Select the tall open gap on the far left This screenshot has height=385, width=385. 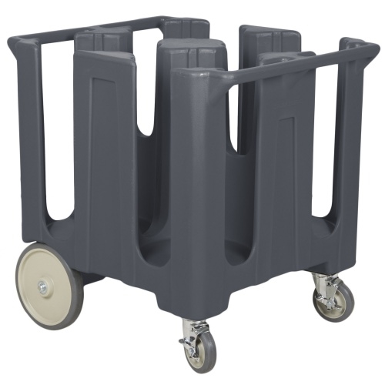[57, 131]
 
